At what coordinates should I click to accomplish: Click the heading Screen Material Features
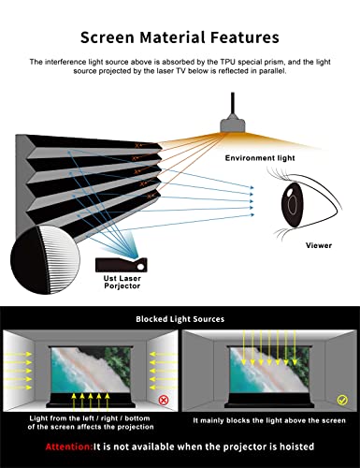click(x=180, y=37)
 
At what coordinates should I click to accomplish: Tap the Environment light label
click(x=260, y=158)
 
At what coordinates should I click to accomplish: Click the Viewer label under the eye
click(x=319, y=245)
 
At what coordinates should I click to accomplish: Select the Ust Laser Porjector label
click(x=122, y=282)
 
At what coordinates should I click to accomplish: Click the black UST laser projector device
click(x=122, y=265)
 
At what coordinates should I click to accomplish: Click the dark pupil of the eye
click(x=293, y=203)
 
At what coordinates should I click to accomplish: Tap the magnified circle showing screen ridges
click(x=45, y=260)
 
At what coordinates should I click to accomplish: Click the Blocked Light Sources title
click(x=180, y=319)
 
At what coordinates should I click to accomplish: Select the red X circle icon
click(x=164, y=400)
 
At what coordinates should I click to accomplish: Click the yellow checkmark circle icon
click(x=342, y=400)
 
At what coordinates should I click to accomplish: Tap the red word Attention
click(x=69, y=446)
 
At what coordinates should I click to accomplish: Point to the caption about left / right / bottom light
click(x=91, y=422)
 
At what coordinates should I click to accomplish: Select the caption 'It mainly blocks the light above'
click(x=269, y=420)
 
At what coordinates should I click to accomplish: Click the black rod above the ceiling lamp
click(x=233, y=103)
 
